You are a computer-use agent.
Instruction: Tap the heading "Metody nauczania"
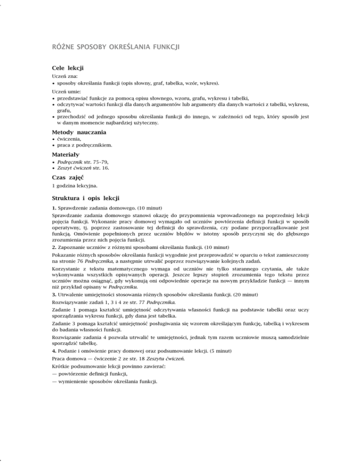[79, 133]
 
